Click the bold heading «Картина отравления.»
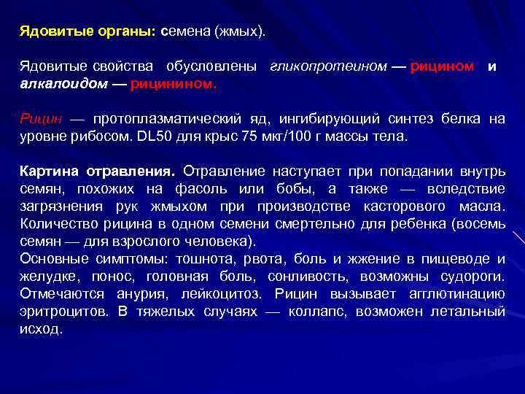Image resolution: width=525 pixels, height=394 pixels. click(x=98, y=172)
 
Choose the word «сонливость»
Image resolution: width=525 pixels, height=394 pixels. click(x=298, y=276)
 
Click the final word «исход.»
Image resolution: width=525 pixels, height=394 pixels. click(x=42, y=328)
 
